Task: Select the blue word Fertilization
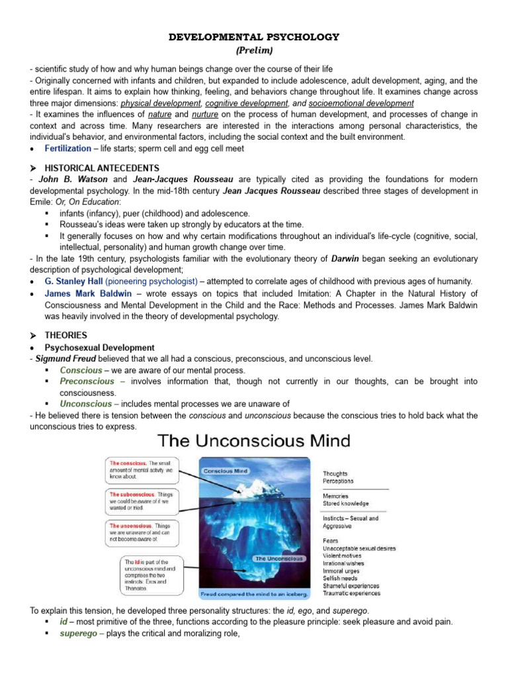coord(67,149)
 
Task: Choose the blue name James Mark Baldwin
coord(85,293)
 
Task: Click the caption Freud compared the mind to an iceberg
coord(253,594)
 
